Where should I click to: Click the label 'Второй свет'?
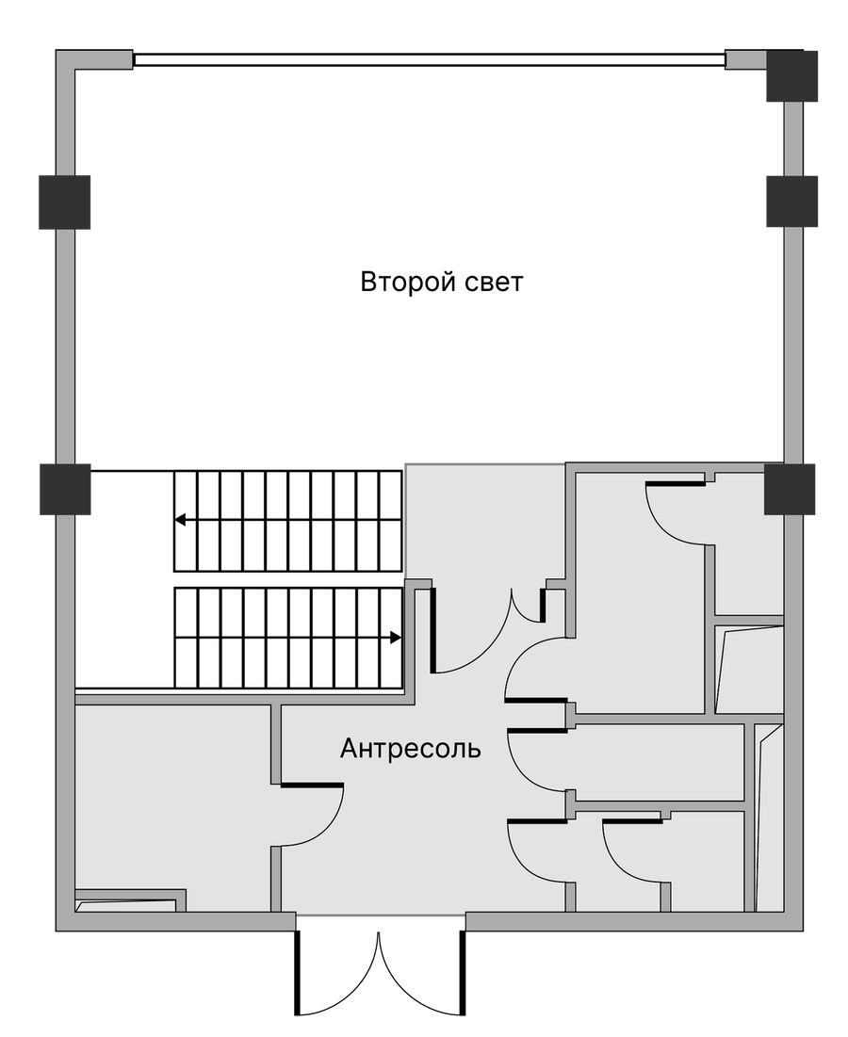(441, 283)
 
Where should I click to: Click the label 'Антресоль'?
(410, 749)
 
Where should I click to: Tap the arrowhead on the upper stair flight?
(180, 520)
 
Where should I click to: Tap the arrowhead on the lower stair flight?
(396, 638)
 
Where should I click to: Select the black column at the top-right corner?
(791, 76)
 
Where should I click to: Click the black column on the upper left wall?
(64, 203)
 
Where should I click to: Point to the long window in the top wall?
(430, 59)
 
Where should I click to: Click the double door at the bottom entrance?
(380, 965)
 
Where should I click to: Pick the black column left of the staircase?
(65, 490)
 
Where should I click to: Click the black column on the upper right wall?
(791, 201)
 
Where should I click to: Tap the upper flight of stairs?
(287, 521)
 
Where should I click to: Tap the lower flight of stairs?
(287, 639)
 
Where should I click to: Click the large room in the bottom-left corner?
(173, 808)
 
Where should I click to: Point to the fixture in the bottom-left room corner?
(129, 900)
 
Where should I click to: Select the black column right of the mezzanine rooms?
(790, 490)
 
